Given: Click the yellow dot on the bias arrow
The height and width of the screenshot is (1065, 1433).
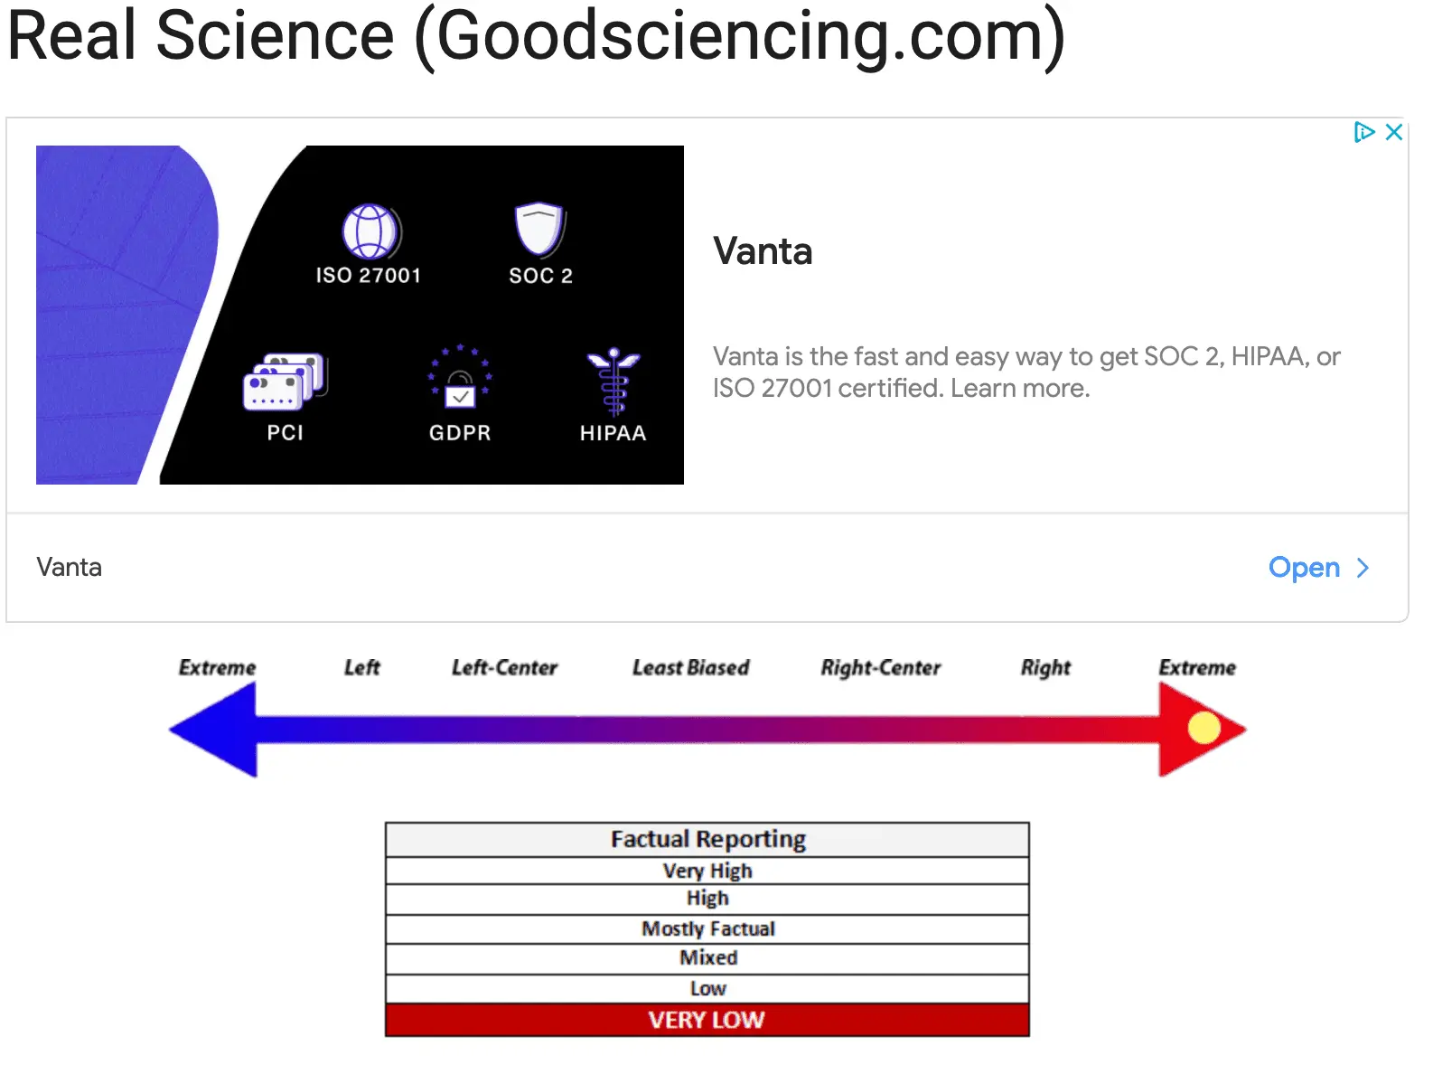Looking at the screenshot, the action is (x=1203, y=728).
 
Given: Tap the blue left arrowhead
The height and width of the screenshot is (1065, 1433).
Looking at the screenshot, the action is (x=213, y=730).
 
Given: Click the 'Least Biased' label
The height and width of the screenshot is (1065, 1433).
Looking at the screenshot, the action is (x=690, y=667).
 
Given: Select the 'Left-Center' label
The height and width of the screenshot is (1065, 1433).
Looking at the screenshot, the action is (x=504, y=667).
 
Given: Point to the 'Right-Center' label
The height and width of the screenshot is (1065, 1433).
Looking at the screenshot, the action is (x=880, y=667).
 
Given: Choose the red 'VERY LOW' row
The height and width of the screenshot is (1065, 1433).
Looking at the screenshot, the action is (x=707, y=1020).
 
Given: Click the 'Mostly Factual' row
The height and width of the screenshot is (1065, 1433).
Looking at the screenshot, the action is (x=707, y=928).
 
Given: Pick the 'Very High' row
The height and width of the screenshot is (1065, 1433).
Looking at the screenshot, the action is (x=707, y=871).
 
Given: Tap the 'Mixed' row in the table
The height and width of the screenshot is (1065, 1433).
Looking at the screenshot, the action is (x=707, y=957).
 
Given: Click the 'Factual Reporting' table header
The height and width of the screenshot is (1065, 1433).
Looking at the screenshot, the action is (x=707, y=839).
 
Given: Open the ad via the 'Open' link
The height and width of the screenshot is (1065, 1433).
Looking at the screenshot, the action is (x=1317, y=567).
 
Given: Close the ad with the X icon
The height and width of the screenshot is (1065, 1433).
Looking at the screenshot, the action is (x=1393, y=132).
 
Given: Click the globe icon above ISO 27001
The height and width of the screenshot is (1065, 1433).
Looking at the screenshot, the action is (x=370, y=231).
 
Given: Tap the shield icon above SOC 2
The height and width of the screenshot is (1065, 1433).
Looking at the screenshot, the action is (x=539, y=229).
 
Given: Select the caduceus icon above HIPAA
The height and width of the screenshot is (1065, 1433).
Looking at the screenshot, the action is (x=613, y=382).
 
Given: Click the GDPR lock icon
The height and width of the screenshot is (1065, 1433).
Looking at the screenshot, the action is (x=459, y=377).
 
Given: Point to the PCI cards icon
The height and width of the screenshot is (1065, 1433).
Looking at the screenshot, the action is (x=285, y=382).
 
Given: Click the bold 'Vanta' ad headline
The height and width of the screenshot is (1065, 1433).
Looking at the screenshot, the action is (x=763, y=251).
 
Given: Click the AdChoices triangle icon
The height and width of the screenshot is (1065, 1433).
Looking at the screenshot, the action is (x=1363, y=132).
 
